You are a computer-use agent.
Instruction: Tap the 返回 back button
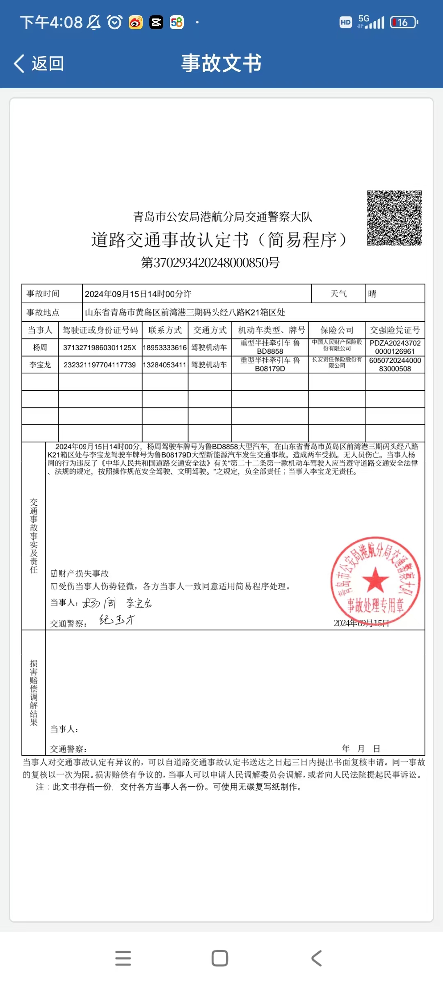pyautogui.click(x=39, y=64)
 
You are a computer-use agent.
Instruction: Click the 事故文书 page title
pyautogui.click(x=221, y=64)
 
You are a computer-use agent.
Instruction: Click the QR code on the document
pyautogui.click(x=394, y=218)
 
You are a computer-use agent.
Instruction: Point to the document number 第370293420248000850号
pyautogui.click(x=210, y=263)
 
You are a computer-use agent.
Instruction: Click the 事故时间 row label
pyautogui.click(x=43, y=294)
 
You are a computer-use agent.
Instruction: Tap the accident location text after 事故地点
pyautogui.click(x=185, y=312)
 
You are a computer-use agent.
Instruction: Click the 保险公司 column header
pyautogui.click(x=337, y=330)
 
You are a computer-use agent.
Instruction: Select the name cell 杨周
pyautogui.click(x=40, y=348)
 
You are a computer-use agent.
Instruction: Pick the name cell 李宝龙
pyautogui.click(x=40, y=365)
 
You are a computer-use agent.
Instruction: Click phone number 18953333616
pyautogui.click(x=165, y=348)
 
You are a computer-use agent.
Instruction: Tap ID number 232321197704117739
pyautogui.click(x=100, y=365)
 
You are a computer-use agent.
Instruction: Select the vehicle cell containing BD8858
pyautogui.click(x=270, y=347)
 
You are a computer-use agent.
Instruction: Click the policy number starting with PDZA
pyautogui.click(x=395, y=347)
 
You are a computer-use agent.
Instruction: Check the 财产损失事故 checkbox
pyautogui.click(x=54, y=573)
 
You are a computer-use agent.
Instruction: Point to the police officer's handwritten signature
pyautogui.click(x=117, y=620)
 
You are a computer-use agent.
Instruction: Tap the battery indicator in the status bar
pyautogui.click(x=404, y=22)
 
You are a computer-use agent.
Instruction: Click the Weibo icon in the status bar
pyautogui.click(x=136, y=22)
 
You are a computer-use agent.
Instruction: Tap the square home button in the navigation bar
pyautogui.click(x=220, y=958)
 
